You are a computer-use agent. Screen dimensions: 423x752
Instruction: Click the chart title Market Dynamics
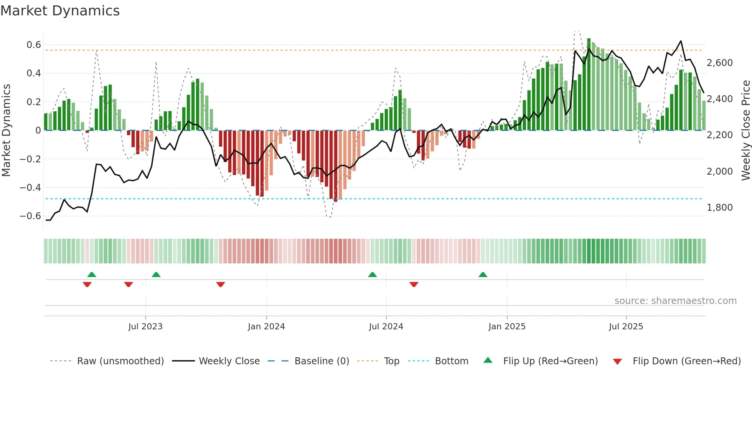coord(60,11)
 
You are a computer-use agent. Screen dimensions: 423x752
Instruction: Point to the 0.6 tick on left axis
coord(34,45)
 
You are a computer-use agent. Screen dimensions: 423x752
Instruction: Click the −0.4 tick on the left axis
coord(30,188)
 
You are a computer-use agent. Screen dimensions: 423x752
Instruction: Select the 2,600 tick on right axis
coord(719,63)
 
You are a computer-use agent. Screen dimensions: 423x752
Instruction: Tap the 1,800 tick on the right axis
coord(719,208)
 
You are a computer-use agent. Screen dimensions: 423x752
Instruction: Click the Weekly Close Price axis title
coord(745,130)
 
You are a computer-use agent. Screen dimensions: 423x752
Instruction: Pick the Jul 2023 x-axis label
coord(145,327)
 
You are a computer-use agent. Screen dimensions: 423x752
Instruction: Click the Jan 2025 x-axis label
coord(507,327)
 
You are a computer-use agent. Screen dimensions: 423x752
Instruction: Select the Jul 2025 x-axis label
coord(626,327)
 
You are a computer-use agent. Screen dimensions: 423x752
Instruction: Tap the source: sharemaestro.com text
coord(675,301)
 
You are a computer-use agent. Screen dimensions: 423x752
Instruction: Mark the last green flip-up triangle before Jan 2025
coord(483,275)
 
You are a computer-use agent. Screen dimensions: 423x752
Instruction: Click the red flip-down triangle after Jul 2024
coord(414,284)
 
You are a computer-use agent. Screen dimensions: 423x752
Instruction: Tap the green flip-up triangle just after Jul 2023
coord(156,275)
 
